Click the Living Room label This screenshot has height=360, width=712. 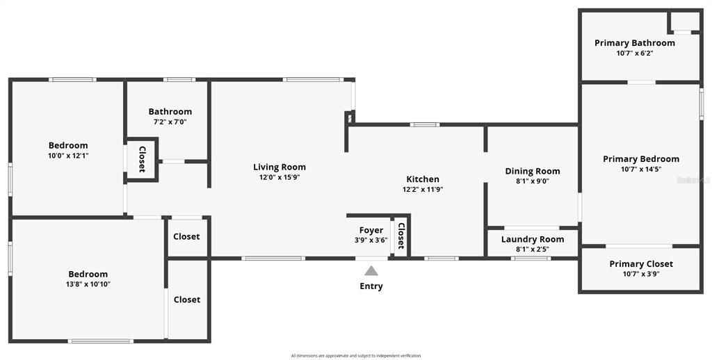[279, 167]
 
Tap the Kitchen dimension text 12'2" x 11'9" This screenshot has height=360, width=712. [423, 189]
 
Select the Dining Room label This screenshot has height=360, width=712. [532, 171]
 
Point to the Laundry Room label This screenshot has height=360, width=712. [532, 239]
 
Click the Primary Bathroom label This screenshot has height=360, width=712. [634, 43]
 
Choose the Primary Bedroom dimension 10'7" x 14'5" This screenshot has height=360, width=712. [640, 169]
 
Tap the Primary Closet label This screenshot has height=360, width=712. [640, 264]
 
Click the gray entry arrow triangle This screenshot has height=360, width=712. [371, 271]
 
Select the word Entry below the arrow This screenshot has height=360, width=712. [371, 286]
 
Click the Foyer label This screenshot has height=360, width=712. [371, 230]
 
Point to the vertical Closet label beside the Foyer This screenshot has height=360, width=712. [400, 236]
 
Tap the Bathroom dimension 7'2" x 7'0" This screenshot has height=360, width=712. [170, 122]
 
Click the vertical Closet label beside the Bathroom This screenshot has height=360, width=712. [142, 159]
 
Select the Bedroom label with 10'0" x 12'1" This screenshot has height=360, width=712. [68, 145]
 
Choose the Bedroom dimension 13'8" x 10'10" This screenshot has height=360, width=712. [88, 284]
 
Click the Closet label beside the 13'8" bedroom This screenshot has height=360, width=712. [186, 300]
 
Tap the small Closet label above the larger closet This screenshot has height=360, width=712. [186, 236]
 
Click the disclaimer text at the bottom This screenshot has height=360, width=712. [355, 356]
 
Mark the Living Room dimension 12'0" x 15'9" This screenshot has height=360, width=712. [279, 177]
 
